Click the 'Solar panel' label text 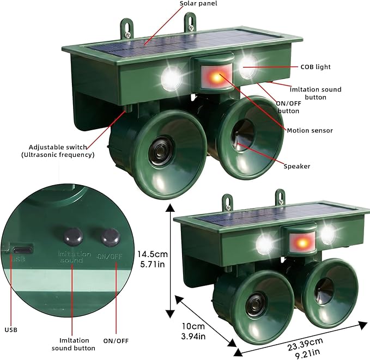(x=198, y=3)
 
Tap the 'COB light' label (x=316, y=67)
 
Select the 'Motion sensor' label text (x=310, y=131)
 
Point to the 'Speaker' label (x=297, y=166)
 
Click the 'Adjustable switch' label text (x=58, y=147)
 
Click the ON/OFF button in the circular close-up (x=110, y=236)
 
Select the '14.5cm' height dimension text (x=153, y=254)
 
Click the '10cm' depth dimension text (x=193, y=326)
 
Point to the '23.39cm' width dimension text (x=305, y=345)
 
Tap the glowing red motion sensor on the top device (x=217, y=77)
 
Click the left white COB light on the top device (x=171, y=78)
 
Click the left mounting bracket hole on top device (x=127, y=26)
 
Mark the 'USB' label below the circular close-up (x=11, y=330)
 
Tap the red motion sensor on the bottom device (x=302, y=242)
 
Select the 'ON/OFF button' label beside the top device (x=289, y=107)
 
